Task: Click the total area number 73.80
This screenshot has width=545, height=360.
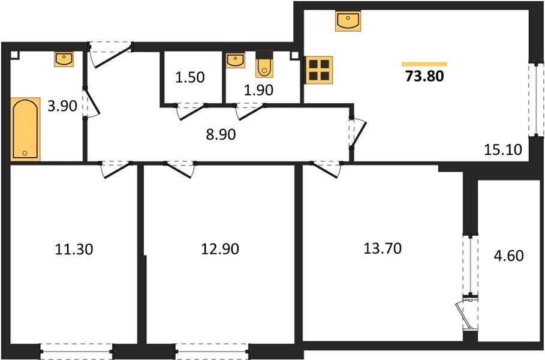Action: tap(424, 76)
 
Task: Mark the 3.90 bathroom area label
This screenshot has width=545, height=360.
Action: tap(62, 107)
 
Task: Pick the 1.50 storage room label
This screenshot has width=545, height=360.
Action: tap(190, 77)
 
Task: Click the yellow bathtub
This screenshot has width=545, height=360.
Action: tap(25, 129)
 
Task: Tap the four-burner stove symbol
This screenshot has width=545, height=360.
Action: tap(320, 70)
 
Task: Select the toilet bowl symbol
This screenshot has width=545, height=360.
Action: tap(264, 67)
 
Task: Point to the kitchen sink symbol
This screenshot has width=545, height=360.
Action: tap(348, 22)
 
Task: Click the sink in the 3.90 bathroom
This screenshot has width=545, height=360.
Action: tap(64, 59)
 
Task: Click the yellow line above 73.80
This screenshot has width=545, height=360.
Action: tap(424, 64)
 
